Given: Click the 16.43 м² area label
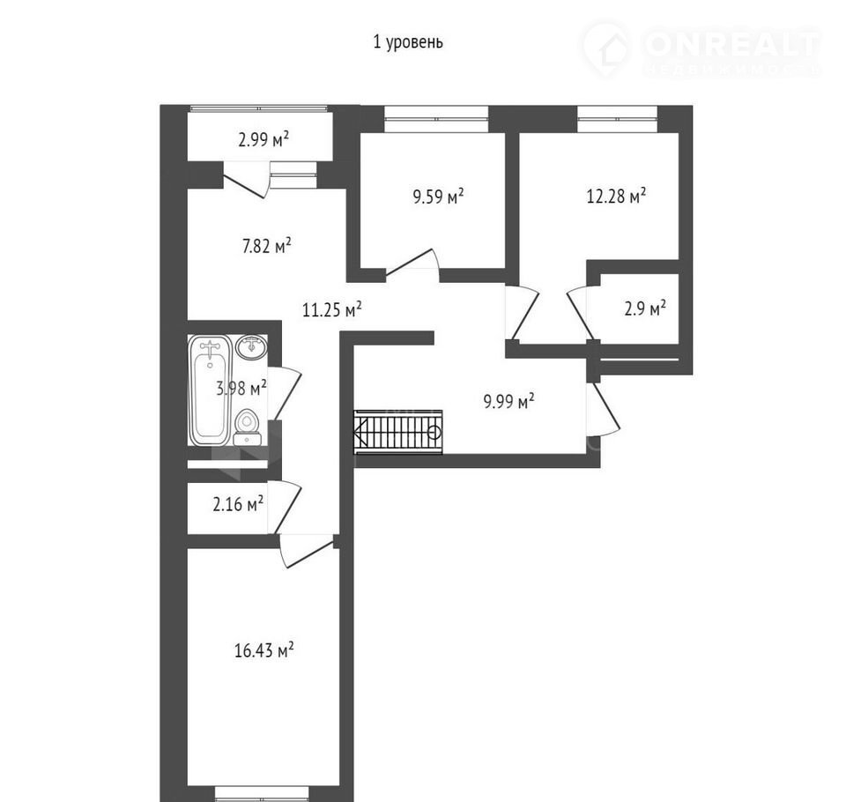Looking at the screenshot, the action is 263,650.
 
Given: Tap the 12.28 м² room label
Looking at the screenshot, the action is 616,196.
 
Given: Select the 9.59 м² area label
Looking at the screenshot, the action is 438,197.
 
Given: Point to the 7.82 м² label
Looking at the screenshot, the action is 266,246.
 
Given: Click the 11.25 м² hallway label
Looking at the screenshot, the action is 332,310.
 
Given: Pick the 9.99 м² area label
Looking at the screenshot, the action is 508,401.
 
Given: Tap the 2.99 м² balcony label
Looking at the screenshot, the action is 263,139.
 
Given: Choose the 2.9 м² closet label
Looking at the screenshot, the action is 645,308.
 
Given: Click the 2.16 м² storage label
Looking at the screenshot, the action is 238,504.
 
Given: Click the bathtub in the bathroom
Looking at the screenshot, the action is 210,390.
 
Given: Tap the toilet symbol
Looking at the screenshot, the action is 248,428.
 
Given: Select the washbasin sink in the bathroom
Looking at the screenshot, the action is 251,347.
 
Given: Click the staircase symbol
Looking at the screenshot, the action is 398,432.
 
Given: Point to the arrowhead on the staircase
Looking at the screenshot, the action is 360,432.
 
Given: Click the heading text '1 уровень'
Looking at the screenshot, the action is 408,41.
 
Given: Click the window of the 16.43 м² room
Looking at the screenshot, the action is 263,794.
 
